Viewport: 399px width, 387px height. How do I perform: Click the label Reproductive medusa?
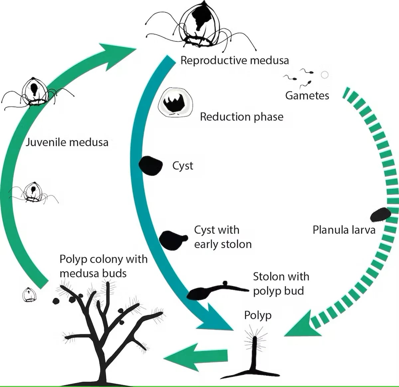click(234, 60)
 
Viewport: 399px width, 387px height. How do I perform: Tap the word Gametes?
click(307, 96)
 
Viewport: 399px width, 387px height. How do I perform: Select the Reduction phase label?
click(242, 117)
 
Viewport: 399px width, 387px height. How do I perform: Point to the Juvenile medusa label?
click(67, 142)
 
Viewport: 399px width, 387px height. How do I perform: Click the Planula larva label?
click(344, 230)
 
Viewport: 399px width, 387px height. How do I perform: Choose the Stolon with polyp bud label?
click(281, 284)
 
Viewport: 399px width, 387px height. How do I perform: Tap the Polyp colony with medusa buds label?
click(103, 266)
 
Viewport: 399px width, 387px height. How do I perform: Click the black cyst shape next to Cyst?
click(151, 165)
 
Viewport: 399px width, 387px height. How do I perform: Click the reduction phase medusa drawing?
click(175, 103)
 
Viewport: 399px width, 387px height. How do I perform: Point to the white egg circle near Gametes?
click(325, 75)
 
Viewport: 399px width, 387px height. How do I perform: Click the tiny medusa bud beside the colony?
click(29, 294)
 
